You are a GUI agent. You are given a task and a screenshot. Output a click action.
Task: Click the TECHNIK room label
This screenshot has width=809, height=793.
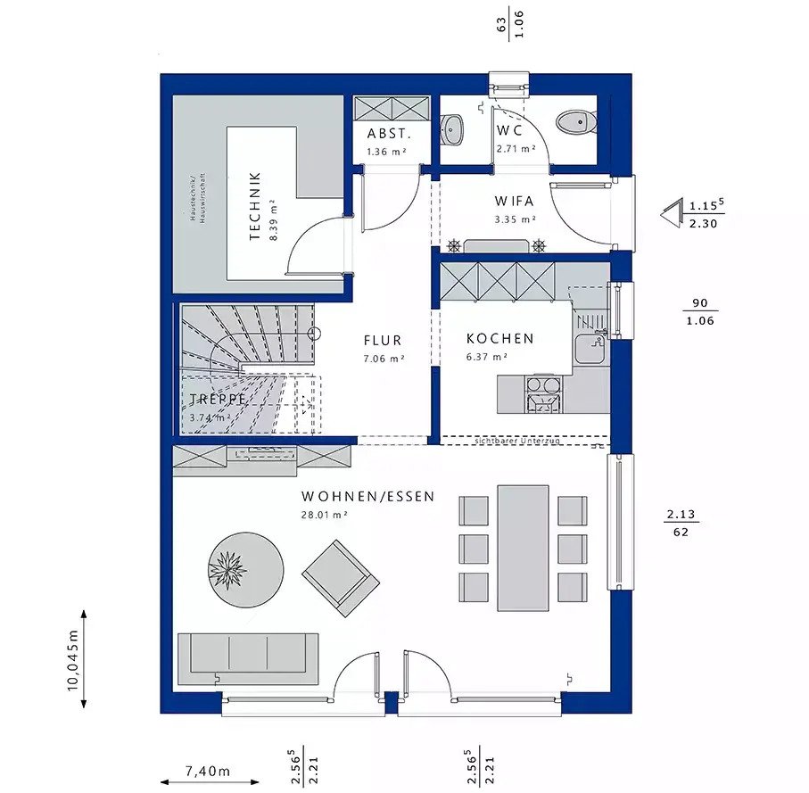[x=254, y=206]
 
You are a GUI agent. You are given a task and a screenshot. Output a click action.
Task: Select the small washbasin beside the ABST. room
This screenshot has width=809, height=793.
[x=452, y=129]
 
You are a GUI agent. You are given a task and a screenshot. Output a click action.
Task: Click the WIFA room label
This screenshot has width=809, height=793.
[x=515, y=202]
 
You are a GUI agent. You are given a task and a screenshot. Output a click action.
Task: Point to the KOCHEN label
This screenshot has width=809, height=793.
[x=499, y=339]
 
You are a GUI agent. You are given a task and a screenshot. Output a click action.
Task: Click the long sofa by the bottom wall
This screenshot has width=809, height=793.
[x=248, y=657]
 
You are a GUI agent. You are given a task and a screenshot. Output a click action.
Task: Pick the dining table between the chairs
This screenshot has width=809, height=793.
[x=523, y=547]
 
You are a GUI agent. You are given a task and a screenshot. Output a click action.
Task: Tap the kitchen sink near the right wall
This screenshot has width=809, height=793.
[x=590, y=349]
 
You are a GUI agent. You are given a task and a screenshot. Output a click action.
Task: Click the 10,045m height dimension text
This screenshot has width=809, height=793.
[x=74, y=659]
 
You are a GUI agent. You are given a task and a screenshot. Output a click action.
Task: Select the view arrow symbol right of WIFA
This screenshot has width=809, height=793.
[x=670, y=214]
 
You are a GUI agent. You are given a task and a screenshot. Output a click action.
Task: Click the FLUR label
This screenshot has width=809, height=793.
[x=382, y=341]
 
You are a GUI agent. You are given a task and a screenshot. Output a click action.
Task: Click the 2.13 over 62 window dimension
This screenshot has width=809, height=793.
[x=681, y=523]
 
